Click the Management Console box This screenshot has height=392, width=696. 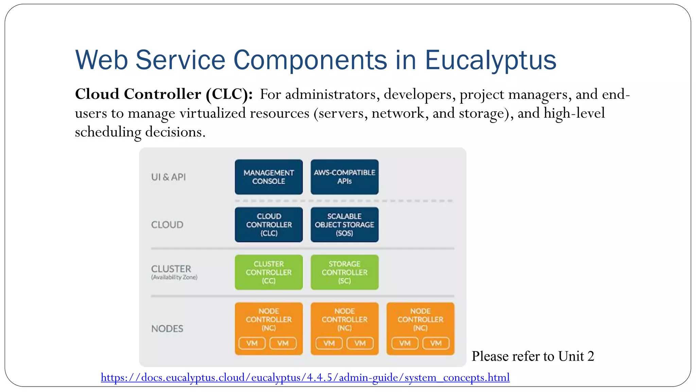(268, 177)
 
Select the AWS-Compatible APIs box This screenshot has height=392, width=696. (344, 177)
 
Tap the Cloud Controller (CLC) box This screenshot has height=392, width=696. (268, 225)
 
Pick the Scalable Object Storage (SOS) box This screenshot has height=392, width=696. (344, 225)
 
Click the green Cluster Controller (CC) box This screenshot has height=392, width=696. (268, 272)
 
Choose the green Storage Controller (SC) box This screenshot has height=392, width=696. (344, 272)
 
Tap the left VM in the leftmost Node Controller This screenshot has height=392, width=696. (252, 343)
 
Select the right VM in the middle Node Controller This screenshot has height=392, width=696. (360, 343)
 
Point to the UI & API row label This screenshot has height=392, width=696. (169, 177)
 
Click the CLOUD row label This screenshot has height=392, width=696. (167, 225)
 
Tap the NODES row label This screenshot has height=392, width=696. (167, 328)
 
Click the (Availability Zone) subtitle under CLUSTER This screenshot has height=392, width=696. (174, 277)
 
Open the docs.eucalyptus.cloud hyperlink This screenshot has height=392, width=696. (305, 377)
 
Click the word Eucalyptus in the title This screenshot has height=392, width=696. (490, 60)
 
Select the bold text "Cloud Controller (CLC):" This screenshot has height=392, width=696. (164, 94)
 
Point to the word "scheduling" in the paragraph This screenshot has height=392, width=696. (108, 132)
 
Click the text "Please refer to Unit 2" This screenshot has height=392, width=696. (533, 356)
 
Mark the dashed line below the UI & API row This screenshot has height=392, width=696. (343, 201)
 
